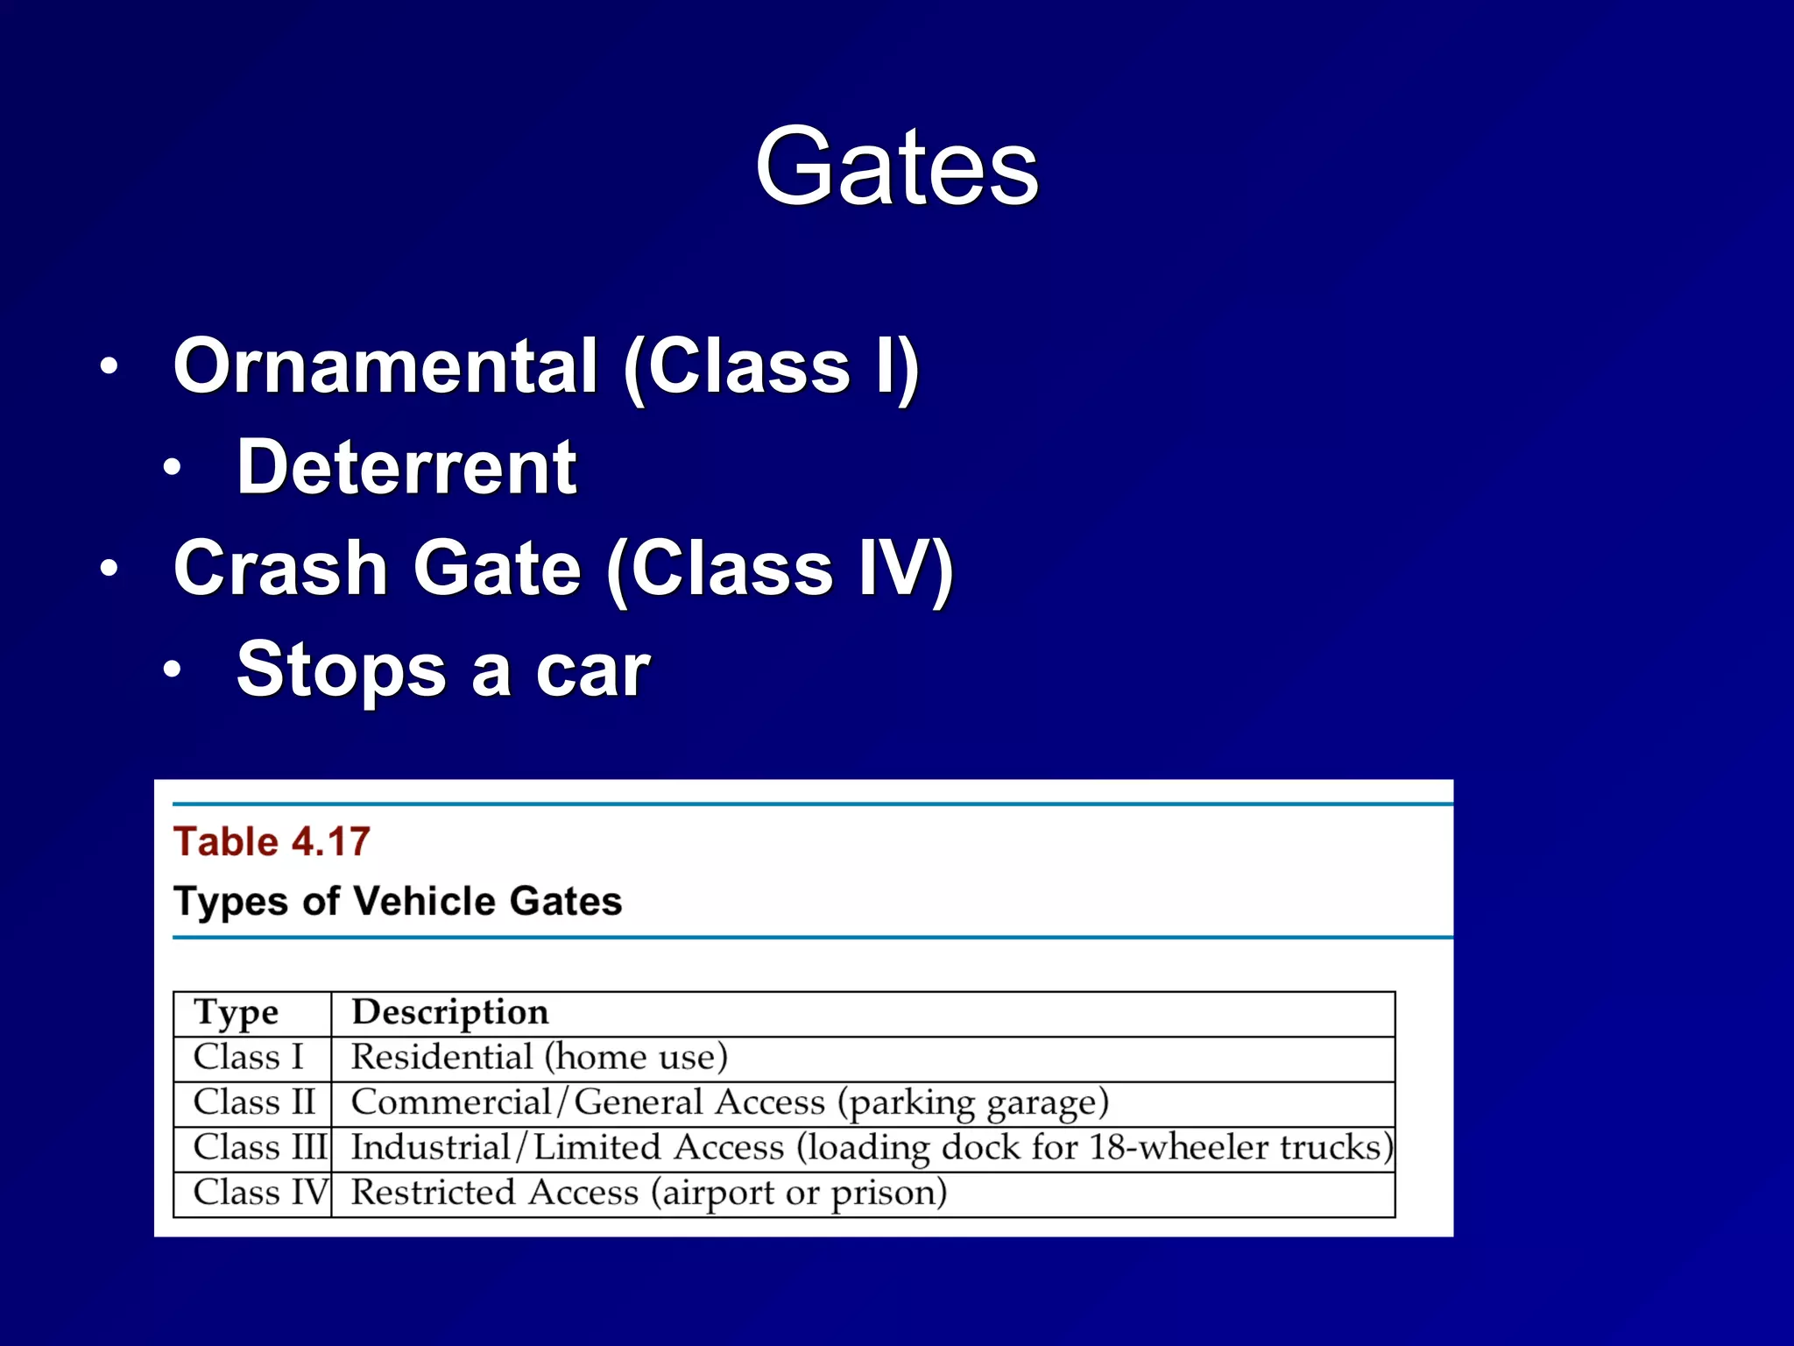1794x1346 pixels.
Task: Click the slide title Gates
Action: tap(896, 166)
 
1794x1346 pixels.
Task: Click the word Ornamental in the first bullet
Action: tap(385, 366)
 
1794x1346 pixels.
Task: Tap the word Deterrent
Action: tap(406, 467)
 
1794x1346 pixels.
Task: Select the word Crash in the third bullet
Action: tap(280, 568)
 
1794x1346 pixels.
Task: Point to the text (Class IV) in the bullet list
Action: tap(780, 570)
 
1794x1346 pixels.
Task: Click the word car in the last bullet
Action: tap(592, 670)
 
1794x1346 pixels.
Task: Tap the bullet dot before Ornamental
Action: tap(109, 367)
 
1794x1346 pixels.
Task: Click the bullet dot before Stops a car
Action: tap(173, 670)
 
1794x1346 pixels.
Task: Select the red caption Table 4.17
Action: tap(272, 841)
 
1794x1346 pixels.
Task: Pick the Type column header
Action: tap(236, 1013)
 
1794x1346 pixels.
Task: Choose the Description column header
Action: tap(450, 1013)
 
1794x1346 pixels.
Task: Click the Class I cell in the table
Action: tap(248, 1058)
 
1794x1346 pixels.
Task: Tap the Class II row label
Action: tap(254, 1102)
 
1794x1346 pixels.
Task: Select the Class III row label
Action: tap(260, 1147)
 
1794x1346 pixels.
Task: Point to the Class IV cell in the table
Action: tap(260, 1193)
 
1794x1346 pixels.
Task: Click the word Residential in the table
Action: tap(442, 1058)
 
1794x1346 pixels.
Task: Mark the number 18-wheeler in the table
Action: tap(1179, 1147)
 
